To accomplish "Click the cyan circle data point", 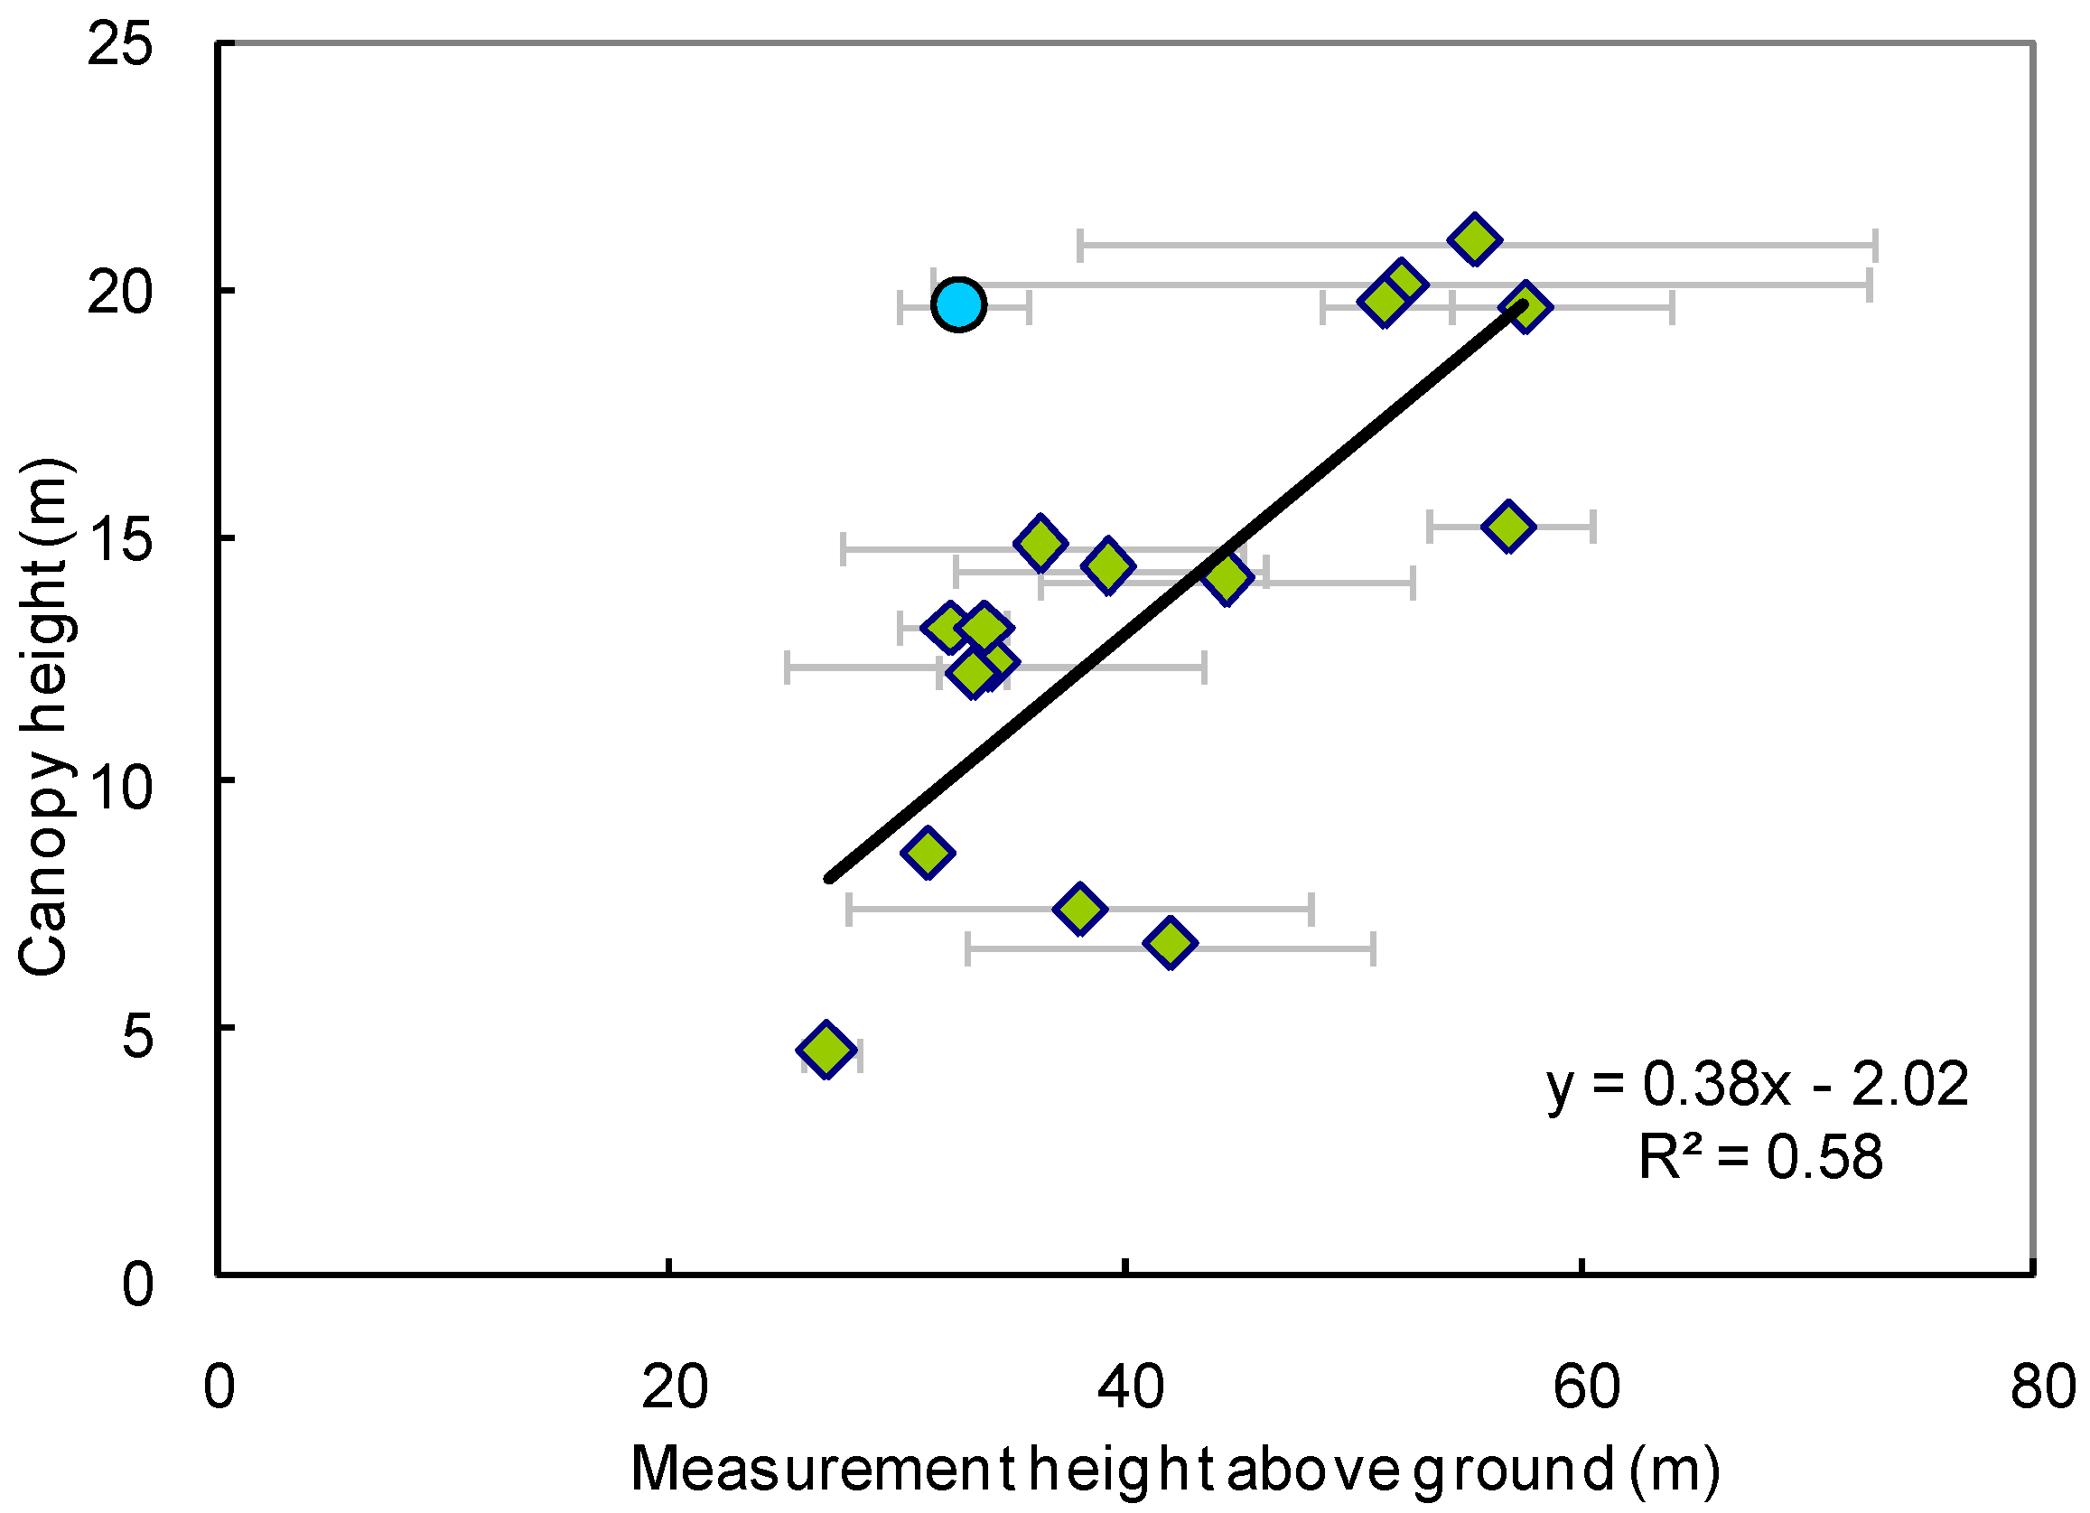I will coord(958,304).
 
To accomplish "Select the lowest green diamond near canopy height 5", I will coord(826,1049).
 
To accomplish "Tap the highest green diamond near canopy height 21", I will coord(1474,240).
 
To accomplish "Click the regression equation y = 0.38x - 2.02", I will coord(1758,1084).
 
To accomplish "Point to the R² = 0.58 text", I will coord(1760,1157).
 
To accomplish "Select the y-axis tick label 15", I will coord(119,540).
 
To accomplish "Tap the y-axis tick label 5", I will coord(136,1036).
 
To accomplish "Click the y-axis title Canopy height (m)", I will coord(44,717).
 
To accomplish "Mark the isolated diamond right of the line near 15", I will coord(1507,526).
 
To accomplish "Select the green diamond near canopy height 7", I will coord(1080,910).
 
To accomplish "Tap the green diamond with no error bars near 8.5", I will coord(927,852).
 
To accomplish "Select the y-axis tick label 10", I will coord(119,788).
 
